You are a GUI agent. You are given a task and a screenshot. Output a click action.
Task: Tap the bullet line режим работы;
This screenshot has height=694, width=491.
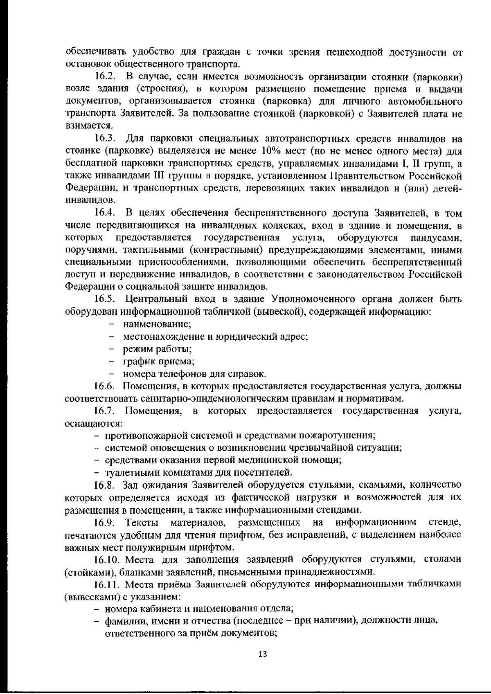click(158, 349)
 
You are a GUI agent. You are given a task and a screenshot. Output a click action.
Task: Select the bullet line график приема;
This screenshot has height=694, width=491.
click(158, 362)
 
